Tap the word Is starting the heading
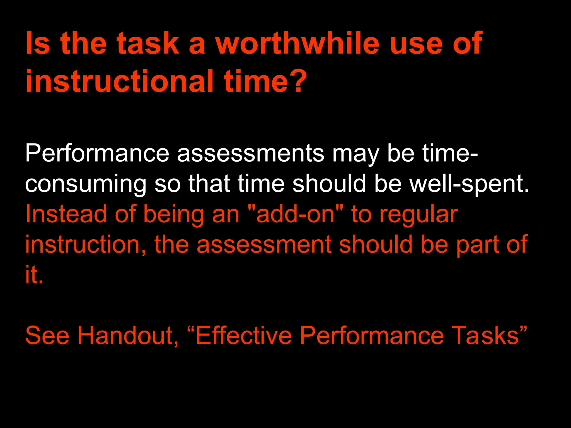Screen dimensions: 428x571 (38, 43)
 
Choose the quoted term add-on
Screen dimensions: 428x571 (296, 214)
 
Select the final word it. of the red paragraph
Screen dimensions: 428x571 (34, 274)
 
